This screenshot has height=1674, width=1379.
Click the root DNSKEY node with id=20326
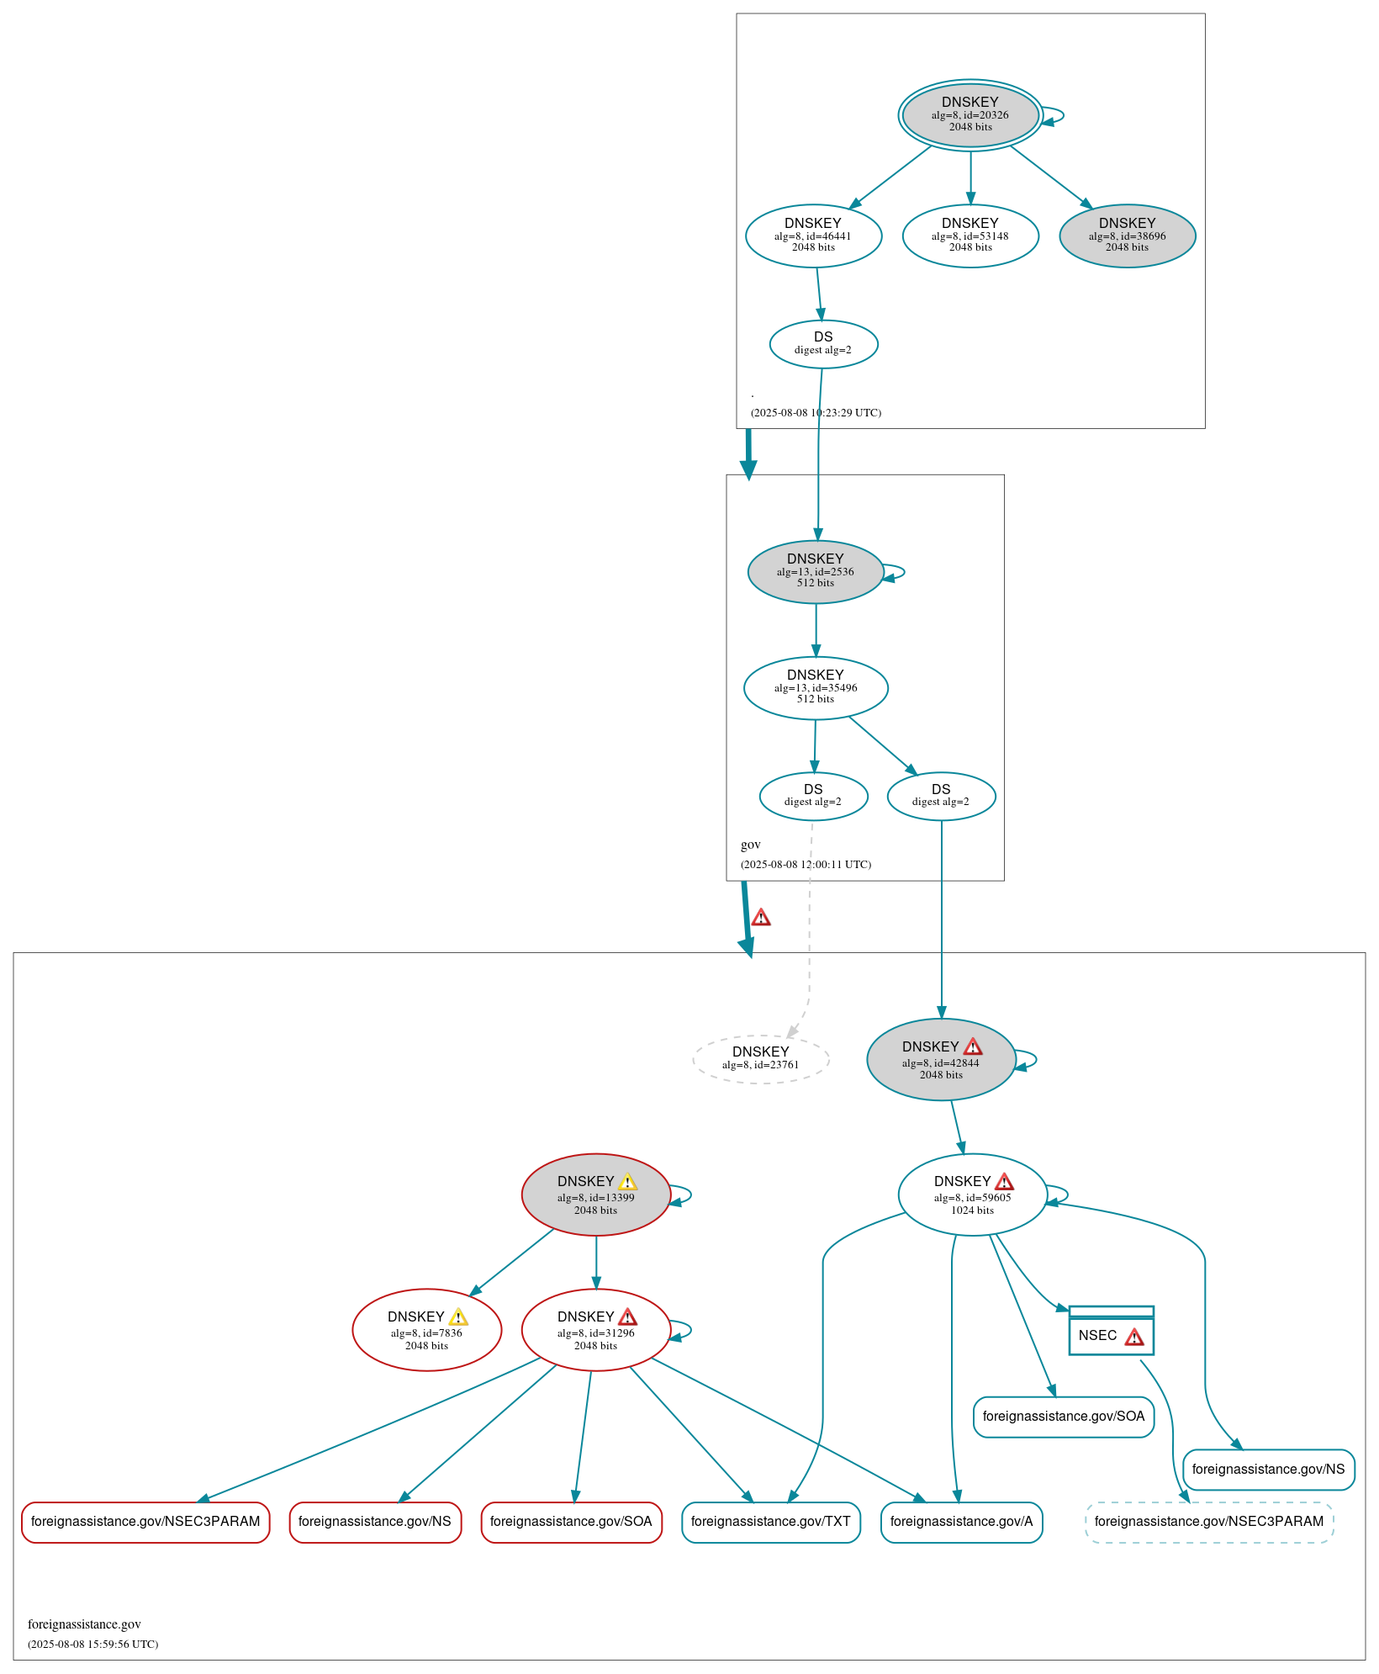tap(970, 115)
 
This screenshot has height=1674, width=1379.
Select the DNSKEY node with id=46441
tap(813, 236)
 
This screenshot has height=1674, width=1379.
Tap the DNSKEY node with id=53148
tap(970, 236)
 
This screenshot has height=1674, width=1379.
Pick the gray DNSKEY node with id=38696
tap(1127, 236)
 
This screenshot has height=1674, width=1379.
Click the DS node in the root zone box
tap(823, 343)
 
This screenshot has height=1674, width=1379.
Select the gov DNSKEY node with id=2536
tap(815, 571)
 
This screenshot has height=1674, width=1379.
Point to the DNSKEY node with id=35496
tap(815, 687)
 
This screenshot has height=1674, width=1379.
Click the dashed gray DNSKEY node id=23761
tap(760, 1058)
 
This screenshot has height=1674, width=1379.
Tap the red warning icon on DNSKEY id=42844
tap(973, 1046)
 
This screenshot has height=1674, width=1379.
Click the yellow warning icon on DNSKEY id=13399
tap(627, 1182)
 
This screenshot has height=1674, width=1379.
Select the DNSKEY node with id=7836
tap(426, 1330)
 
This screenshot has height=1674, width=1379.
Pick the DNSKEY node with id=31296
tap(595, 1330)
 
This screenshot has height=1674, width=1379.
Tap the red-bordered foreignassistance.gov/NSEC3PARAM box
tap(145, 1522)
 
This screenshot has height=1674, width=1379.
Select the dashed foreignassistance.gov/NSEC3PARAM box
tap(1208, 1522)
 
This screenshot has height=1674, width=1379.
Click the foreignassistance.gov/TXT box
tap(770, 1522)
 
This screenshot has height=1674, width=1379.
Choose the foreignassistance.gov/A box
tap(961, 1522)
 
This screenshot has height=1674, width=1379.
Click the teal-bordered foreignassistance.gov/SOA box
tap(1063, 1417)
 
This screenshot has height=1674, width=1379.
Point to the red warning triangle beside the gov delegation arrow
tap(761, 918)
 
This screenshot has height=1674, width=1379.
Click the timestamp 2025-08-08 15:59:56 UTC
tap(92, 1644)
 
